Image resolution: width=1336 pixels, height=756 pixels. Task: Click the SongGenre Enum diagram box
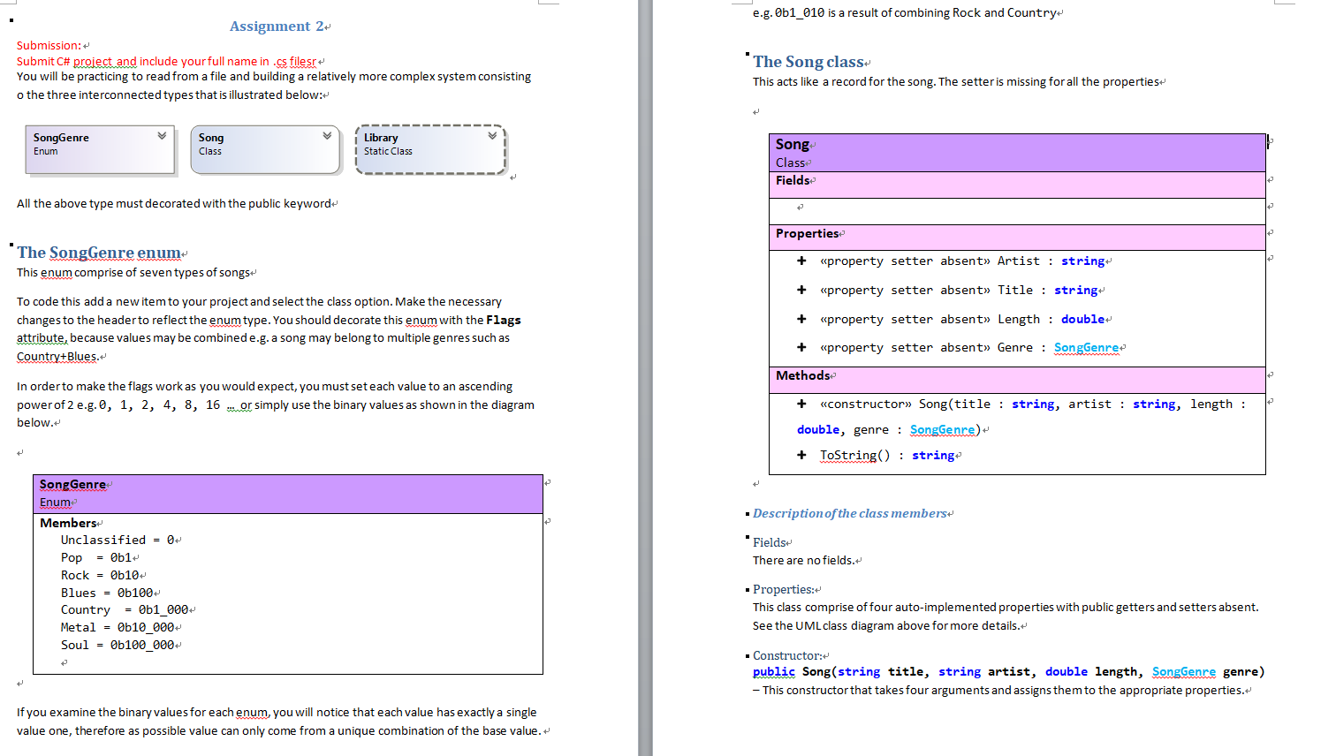[x=99, y=148]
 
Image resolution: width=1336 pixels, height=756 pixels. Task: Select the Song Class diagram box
[x=265, y=148]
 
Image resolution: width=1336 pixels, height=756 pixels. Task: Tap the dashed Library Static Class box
[x=430, y=149]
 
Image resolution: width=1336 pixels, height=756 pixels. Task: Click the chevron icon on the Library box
[x=492, y=136]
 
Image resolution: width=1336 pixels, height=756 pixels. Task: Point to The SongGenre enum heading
[x=99, y=253]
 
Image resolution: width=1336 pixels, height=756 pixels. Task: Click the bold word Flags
[x=503, y=320]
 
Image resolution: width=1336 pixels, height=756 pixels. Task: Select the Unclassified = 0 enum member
[x=118, y=540]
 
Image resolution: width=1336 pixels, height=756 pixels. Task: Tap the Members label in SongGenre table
[x=68, y=523]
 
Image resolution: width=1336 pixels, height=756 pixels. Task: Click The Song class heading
[x=808, y=62]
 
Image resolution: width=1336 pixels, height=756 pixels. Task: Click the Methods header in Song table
[x=803, y=375]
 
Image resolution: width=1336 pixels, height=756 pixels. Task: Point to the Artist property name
[x=1018, y=261]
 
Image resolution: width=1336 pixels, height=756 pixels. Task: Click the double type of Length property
[x=1082, y=319]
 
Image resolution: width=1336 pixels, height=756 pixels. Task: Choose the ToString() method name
[x=854, y=455]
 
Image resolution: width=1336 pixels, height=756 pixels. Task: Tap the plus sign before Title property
[x=801, y=290]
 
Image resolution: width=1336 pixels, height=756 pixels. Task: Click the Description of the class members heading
[x=849, y=513]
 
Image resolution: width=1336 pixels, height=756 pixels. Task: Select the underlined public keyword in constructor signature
[x=773, y=671]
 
